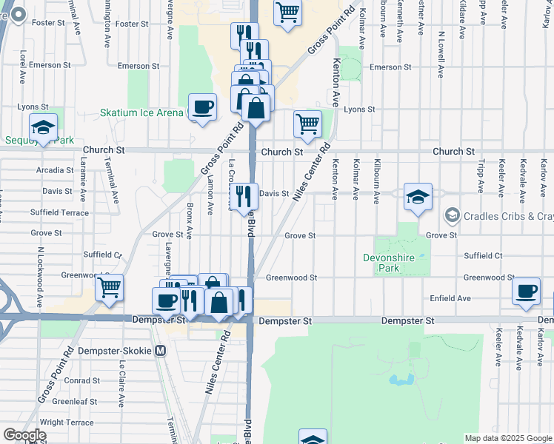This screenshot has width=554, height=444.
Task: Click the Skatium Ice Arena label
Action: tap(141, 112)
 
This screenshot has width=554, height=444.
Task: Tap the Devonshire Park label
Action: tap(393, 263)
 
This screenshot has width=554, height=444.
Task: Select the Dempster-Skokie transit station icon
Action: tap(161, 352)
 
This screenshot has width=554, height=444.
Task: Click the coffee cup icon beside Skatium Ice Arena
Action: tap(202, 107)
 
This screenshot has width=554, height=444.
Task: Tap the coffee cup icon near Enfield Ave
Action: tap(527, 291)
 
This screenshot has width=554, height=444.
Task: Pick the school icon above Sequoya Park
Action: tap(43, 127)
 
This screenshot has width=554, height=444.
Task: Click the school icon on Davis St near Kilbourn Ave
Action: tap(418, 197)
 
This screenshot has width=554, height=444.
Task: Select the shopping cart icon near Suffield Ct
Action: tap(110, 286)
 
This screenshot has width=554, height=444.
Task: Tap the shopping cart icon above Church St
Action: tap(307, 124)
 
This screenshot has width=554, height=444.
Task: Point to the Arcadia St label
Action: tap(54, 170)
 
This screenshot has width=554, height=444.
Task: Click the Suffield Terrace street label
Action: tap(59, 212)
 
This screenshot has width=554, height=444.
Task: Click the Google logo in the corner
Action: tap(24, 435)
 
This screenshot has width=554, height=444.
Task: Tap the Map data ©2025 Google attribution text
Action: tap(507, 438)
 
